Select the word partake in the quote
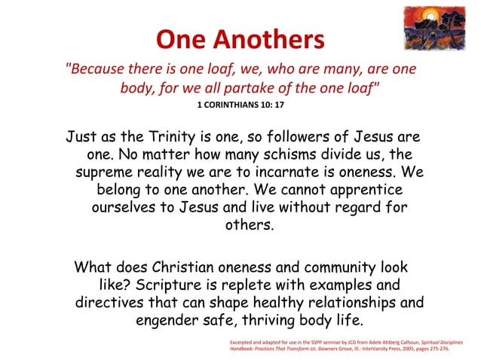pyautogui.click(x=268, y=87)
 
